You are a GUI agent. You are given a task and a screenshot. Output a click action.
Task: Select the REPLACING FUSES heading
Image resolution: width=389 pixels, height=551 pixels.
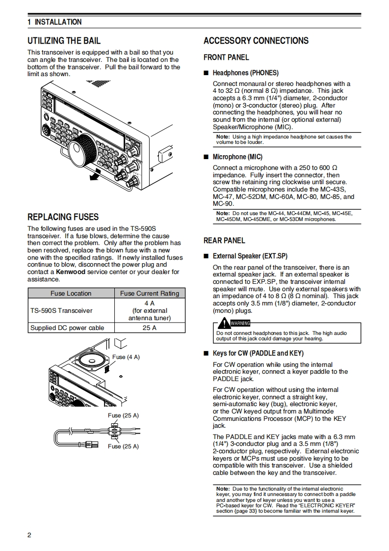click(x=63, y=217)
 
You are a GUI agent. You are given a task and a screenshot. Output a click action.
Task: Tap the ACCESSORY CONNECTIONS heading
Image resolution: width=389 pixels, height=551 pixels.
click(x=256, y=41)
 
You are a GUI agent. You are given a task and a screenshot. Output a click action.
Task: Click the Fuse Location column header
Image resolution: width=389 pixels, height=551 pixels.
click(x=71, y=293)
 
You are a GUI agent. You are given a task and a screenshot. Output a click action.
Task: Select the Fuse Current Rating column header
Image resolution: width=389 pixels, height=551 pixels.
click(x=150, y=293)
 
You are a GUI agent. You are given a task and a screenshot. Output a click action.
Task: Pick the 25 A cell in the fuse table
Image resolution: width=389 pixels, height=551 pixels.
click(x=150, y=328)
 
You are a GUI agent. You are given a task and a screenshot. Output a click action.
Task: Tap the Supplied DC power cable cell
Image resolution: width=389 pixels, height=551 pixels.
click(x=67, y=328)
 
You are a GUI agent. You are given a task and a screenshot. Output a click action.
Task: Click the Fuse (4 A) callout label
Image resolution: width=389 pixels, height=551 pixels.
click(x=126, y=357)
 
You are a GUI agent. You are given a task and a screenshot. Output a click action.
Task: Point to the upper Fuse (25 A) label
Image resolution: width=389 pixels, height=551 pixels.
click(x=123, y=415)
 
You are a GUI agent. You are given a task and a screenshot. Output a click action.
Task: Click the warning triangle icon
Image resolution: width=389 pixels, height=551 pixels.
click(x=224, y=323)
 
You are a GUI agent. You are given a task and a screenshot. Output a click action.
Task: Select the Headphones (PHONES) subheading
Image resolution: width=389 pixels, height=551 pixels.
click(x=245, y=73)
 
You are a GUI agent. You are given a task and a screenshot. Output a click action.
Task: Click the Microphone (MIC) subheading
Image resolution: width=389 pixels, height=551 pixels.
click(x=237, y=157)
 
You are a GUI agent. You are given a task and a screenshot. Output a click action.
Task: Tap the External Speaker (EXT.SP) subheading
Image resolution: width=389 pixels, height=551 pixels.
click(x=250, y=256)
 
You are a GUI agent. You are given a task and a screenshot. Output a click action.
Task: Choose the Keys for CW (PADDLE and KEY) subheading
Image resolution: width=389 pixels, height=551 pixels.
click(x=258, y=353)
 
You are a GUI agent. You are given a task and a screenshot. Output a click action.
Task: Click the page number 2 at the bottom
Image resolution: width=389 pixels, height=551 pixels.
click(x=29, y=535)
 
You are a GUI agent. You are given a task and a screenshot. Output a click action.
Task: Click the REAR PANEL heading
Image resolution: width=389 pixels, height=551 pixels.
click(x=224, y=240)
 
